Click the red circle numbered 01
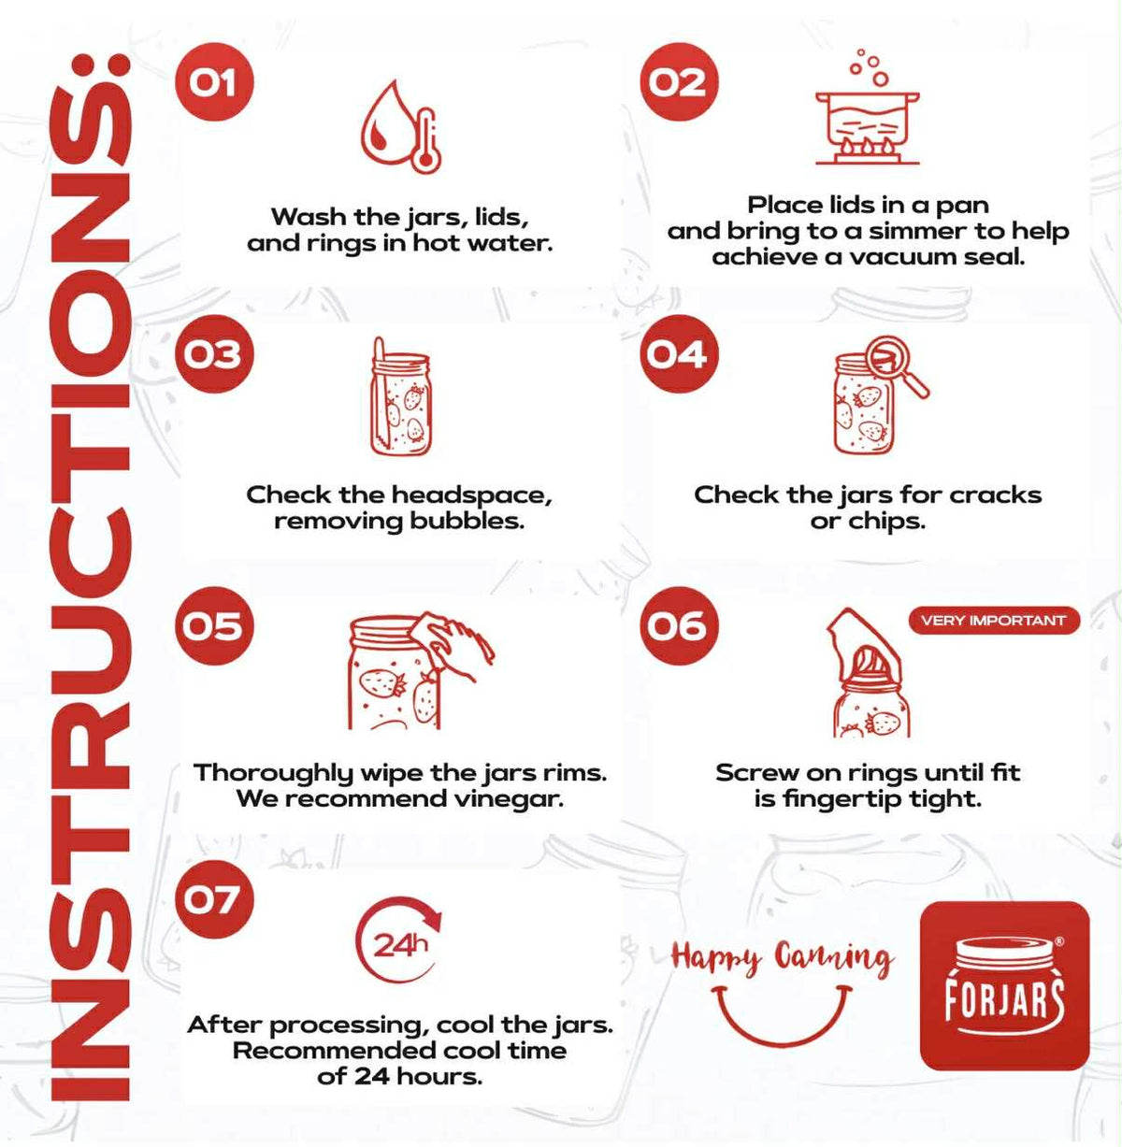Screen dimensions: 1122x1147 pyautogui.click(x=213, y=82)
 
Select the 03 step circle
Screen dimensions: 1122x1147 pyautogui.click(x=213, y=354)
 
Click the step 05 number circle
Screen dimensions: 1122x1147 pyautogui.click(x=213, y=625)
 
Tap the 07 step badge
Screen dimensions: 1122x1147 pyautogui.click(x=213, y=899)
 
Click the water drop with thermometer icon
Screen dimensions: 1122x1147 pyautogui.click(x=401, y=127)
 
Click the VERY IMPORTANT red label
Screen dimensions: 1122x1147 pyautogui.click(x=994, y=621)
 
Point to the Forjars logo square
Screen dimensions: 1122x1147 pyautogui.click(x=1005, y=986)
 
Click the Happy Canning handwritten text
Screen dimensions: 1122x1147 pyautogui.click(x=782, y=959)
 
